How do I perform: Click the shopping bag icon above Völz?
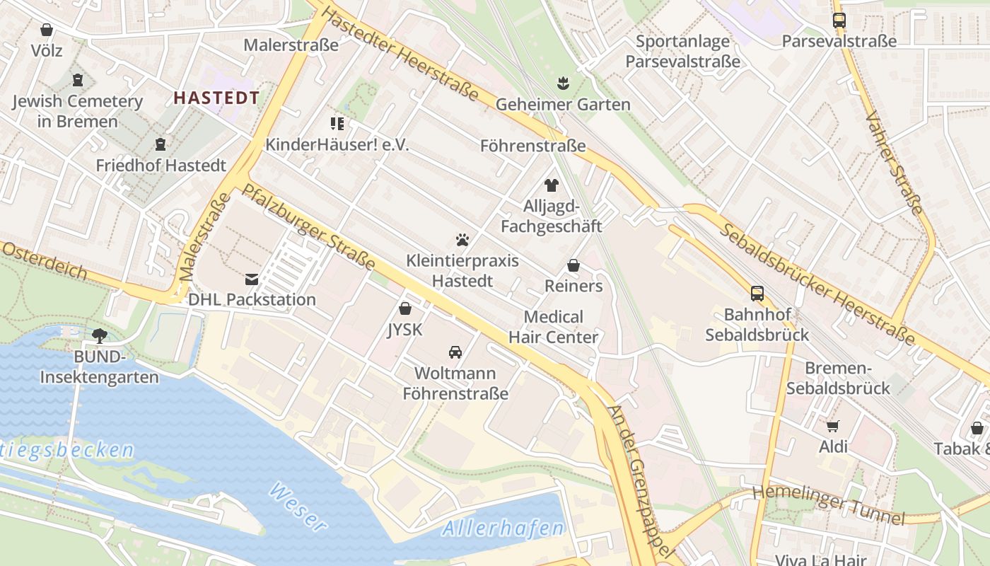pyautogui.click(x=47, y=30)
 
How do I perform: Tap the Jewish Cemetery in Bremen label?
pyautogui.click(x=78, y=111)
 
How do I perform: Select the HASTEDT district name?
pyautogui.click(x=216, y=98)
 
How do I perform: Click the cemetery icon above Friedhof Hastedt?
pyautogui.click(x=161, y=144)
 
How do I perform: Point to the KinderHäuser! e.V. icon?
pyautogui.click(x=337, y=124)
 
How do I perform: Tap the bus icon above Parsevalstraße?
pyautogui.click(x=839, y=21)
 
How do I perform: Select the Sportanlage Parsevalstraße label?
pyautogui.click(x=682, y=51)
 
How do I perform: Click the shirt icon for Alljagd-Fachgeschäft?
pyautogui.click(x=552, y=185)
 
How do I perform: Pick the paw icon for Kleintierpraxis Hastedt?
pyautogui.click(x=462, y=240)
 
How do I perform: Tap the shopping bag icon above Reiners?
pyautogui.click(x=573, y=265)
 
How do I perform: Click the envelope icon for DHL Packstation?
pyautogui.click(x=252, y=279)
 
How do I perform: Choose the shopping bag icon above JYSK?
pyautogui.click(x=405, y=308)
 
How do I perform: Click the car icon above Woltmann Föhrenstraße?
pyautogui.click(x=455, y=352)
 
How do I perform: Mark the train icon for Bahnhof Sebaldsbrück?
pyautogui.click(x=757, y=293)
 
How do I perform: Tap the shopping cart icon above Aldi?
pyautogui.click(x=833, y=426)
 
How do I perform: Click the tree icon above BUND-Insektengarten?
pyautogui.click(x=99, y=335)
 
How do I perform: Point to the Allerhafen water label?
pyautogui.click(x=503, y=528)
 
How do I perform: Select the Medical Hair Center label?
pyautogui.click(x=554, y=327)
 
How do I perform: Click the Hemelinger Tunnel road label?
pyautogui.click(x=827, y=505)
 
